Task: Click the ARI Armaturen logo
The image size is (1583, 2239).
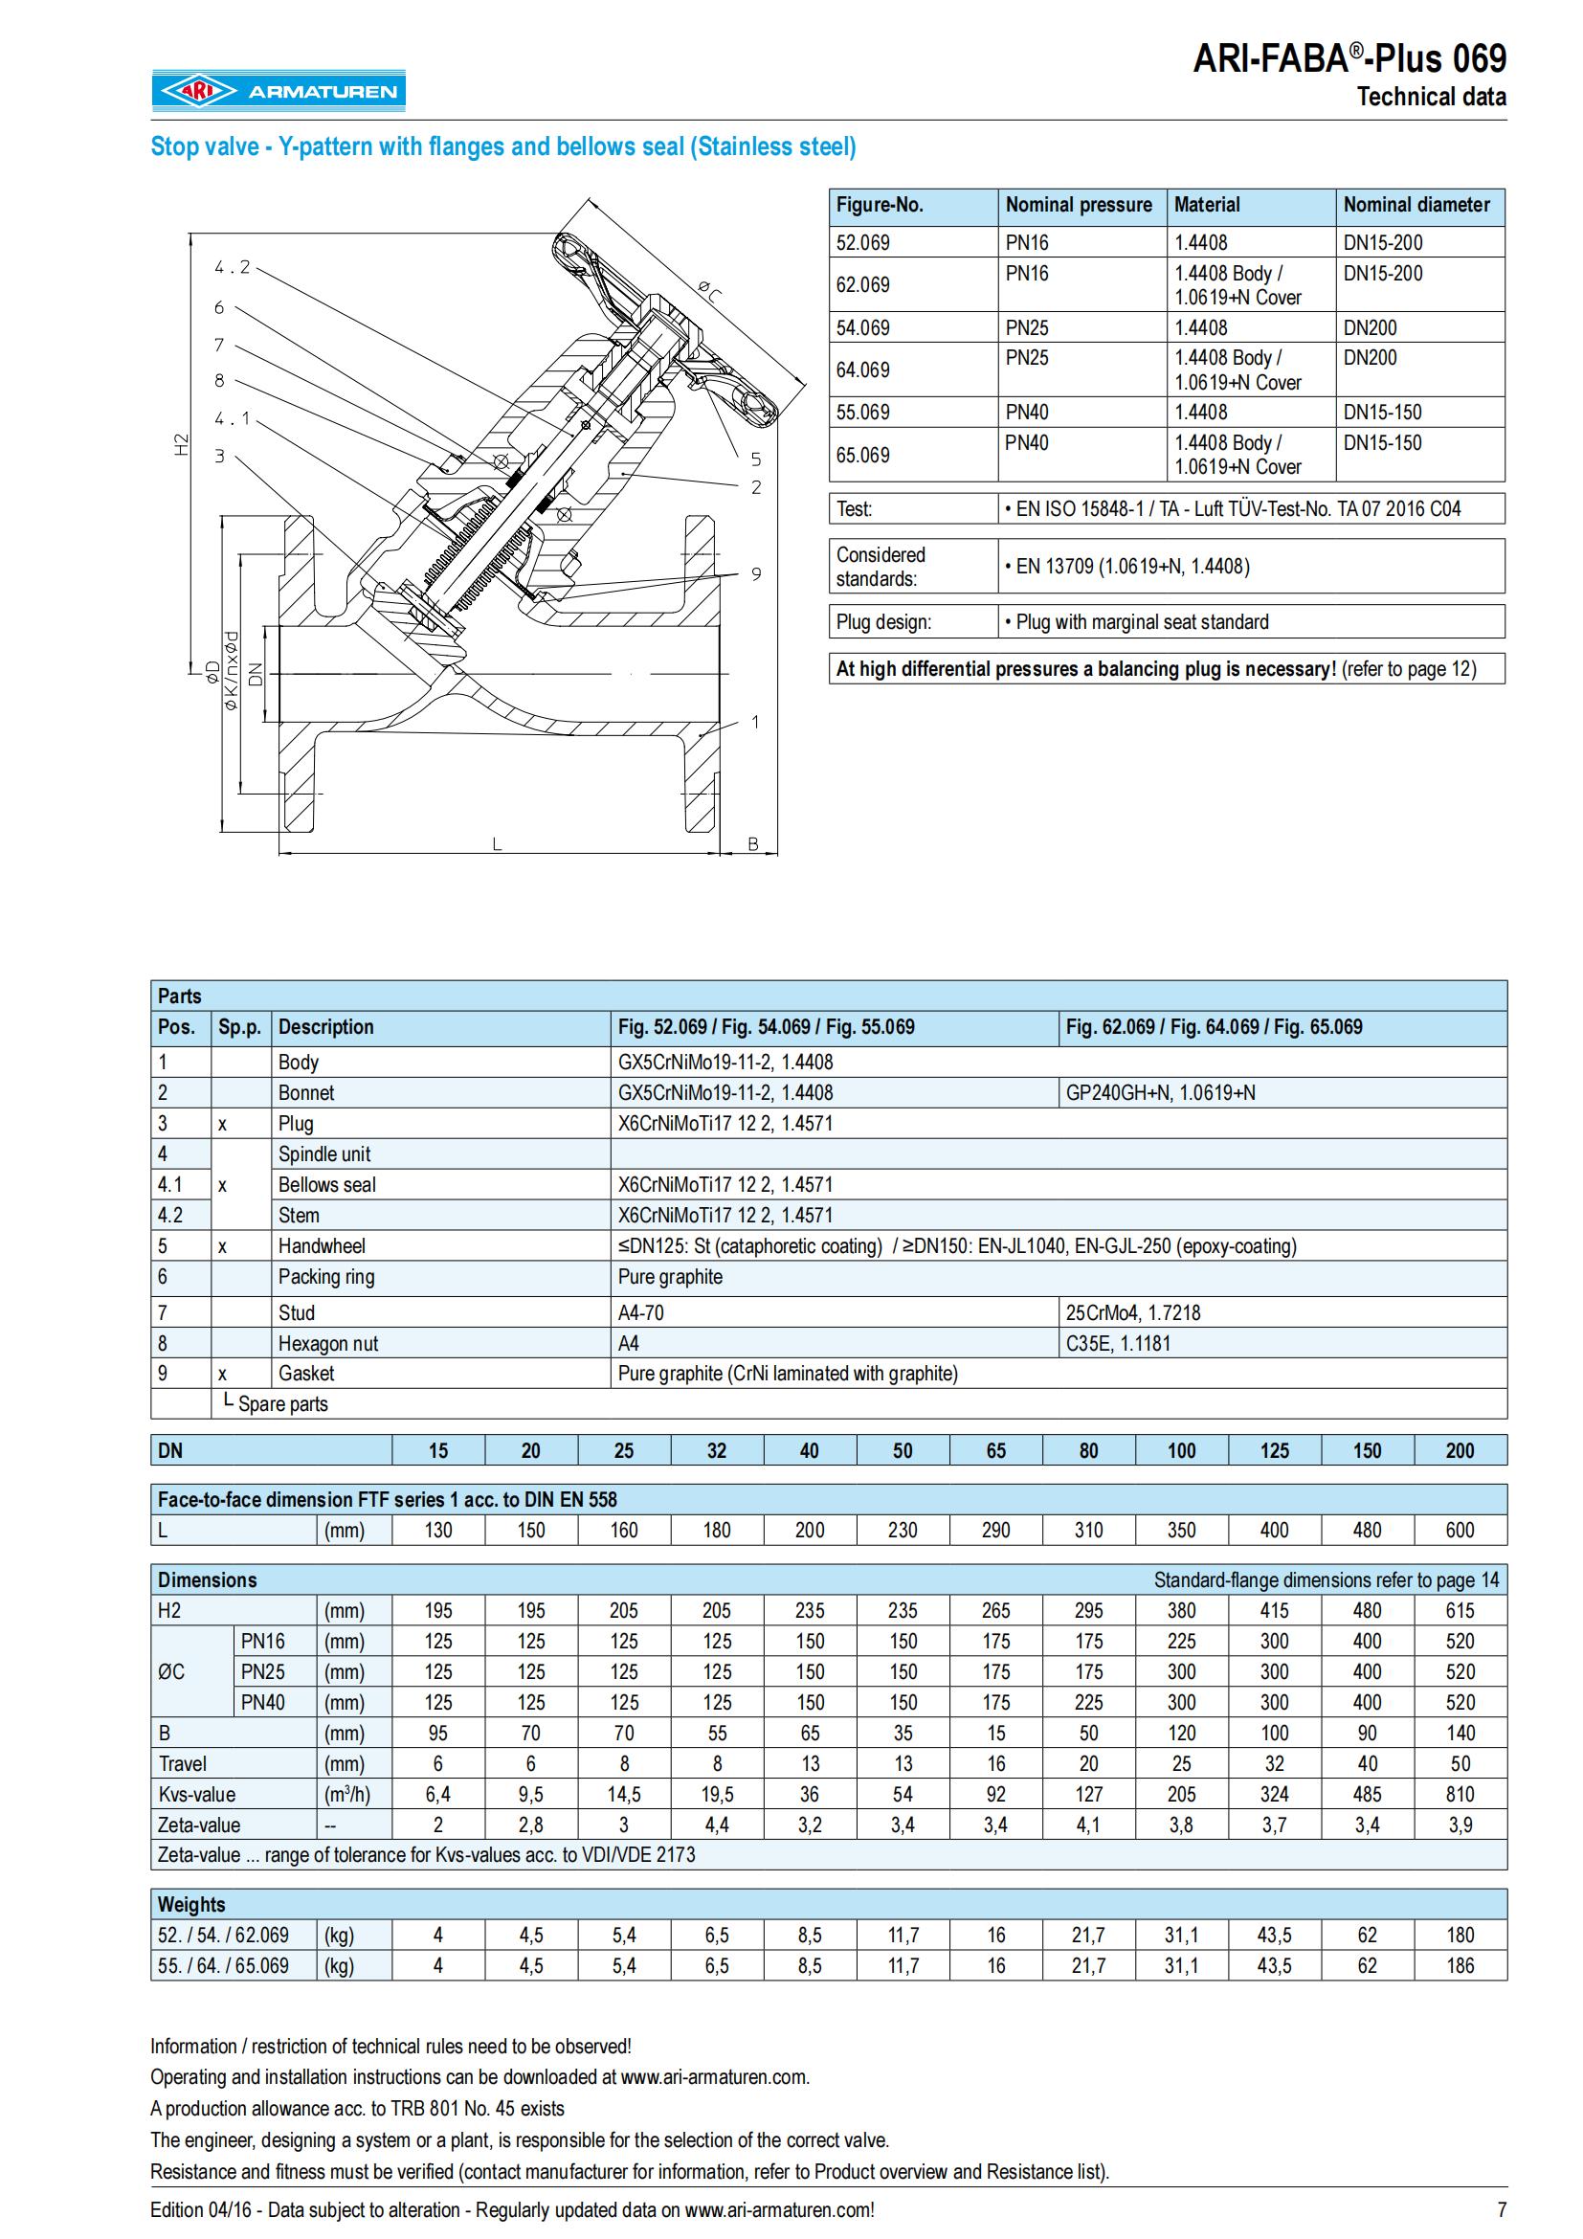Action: (278, 91)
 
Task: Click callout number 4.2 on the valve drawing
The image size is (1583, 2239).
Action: (232, 267)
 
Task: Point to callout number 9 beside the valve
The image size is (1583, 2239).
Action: (756, 573)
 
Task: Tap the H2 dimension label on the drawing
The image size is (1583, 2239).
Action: (180, 445)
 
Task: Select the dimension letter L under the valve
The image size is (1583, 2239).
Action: (497, 844)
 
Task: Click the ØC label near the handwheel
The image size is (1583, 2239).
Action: (710, 290)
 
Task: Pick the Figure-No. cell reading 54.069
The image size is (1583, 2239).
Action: (862, 327)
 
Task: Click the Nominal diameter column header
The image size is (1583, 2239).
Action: (1416, 205)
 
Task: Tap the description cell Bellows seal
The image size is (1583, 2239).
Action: (326, 1185)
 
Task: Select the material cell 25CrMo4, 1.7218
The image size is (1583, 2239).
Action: (1132, 1312)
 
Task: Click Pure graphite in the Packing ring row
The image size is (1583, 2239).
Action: (671, 1277)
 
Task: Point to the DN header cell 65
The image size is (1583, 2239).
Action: (995, 1450)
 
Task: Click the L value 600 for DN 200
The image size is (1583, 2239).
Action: (1460, 1530)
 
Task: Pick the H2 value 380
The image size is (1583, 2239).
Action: (1180, 1610)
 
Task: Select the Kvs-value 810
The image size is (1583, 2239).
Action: (1460, 1794)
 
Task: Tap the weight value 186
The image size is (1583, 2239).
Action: (1460, 1966)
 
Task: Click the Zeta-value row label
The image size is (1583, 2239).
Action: (199, 1825)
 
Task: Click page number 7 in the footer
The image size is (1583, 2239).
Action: (1501, 2209)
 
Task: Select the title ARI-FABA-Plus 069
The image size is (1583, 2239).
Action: (1349, 59)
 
